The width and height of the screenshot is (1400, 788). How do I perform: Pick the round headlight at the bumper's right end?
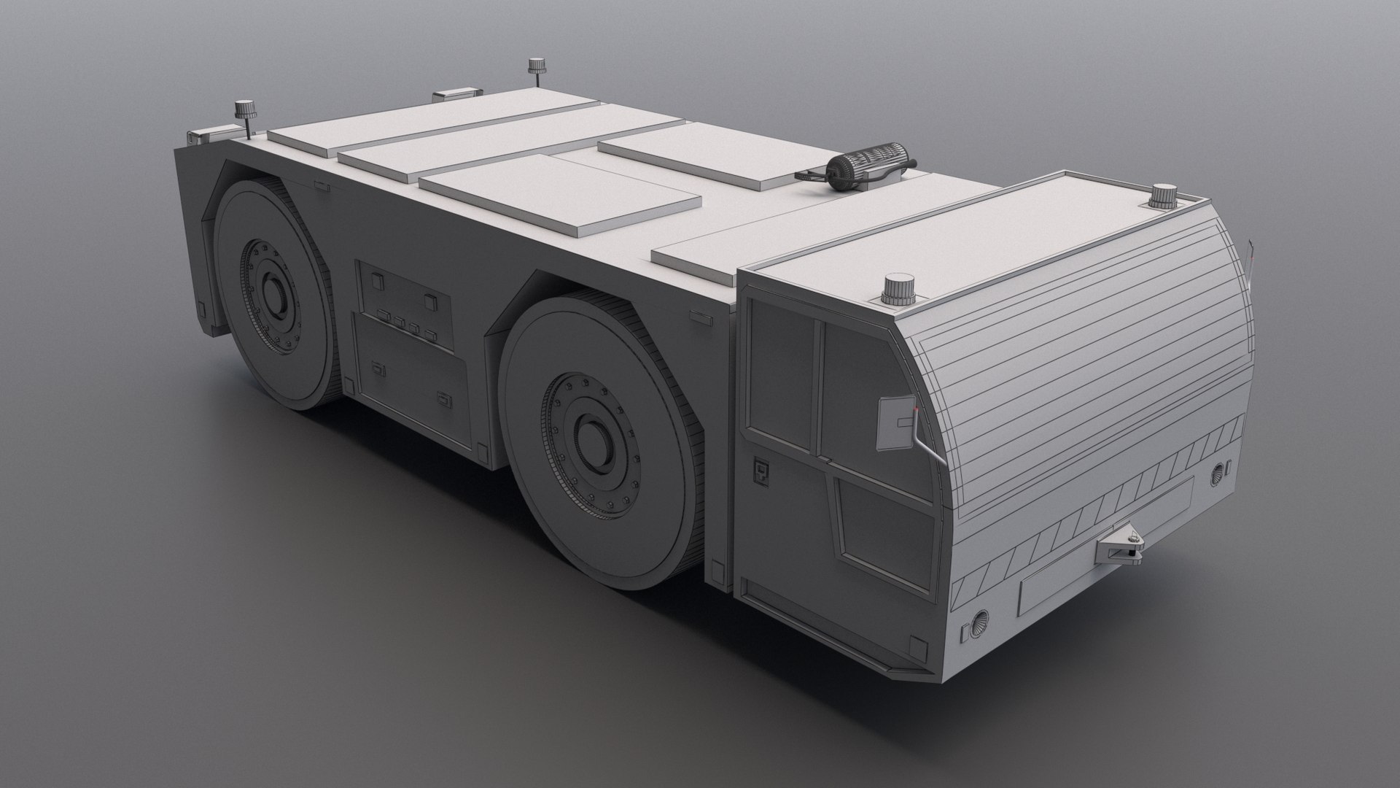click(x=1217, y=476)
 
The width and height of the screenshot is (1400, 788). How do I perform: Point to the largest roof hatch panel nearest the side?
click(x=559, y=194)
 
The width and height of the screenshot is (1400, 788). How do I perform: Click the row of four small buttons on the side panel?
click(x=406, y=326)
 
